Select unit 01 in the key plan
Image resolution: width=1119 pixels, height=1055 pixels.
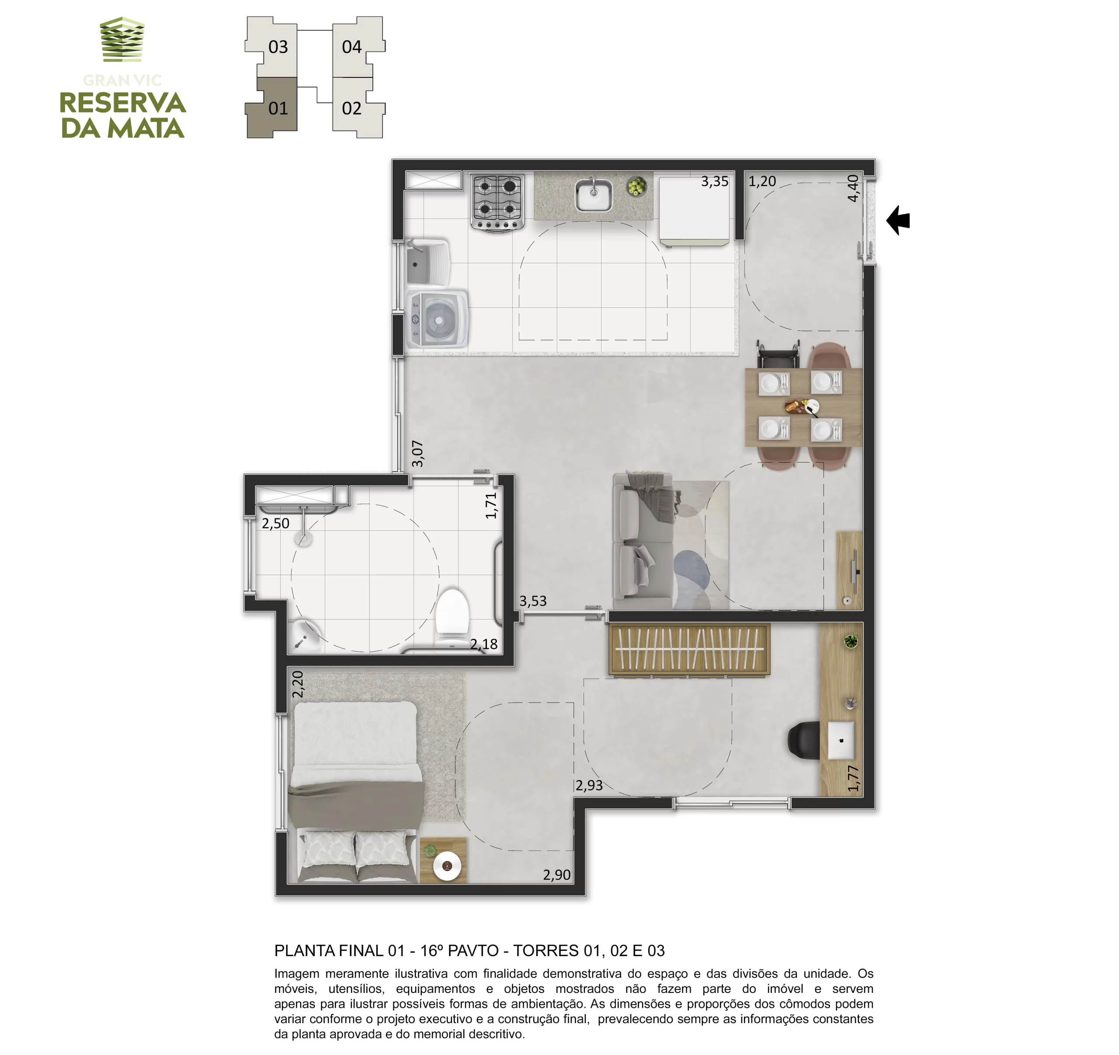(272, 108)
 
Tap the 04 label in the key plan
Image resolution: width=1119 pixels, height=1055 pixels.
(352, 47)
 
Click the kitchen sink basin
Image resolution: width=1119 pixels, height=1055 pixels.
(593, 195)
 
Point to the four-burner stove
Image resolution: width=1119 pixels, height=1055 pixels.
(497, 202)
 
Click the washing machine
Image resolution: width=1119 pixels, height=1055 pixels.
(438, 320)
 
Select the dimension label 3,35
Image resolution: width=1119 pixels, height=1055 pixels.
(714, 181)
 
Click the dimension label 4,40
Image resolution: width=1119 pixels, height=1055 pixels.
(853, 188)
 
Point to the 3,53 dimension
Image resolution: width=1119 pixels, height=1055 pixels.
(532, 601)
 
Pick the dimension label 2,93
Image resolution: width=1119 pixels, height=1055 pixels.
(589, 785)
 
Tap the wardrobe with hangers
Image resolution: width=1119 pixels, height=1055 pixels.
(689, 649)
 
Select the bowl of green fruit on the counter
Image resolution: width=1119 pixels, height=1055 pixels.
(636, 186)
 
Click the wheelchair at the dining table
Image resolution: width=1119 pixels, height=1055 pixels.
(777, 354)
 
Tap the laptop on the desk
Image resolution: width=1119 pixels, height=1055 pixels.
(841, 740)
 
